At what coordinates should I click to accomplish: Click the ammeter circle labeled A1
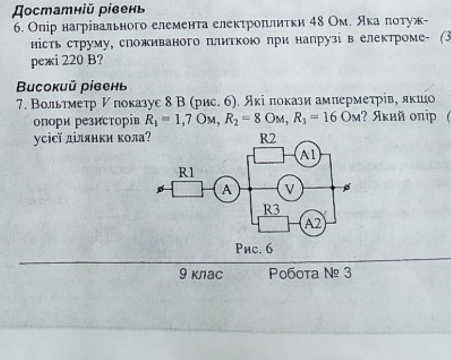pyautogui.click(x=308, y=155)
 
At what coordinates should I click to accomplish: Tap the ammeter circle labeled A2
pyautogui.click(x=313, y=223)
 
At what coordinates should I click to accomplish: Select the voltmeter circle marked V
pyautogui.click(x=289, y=190)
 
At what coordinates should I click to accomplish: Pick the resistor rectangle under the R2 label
pyautogui.click(x=269, y=156)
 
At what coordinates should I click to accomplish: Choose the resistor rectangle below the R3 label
pyautogui.click(x=274, y=223)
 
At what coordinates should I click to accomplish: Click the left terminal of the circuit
pyautogui.click(x=161, y=190)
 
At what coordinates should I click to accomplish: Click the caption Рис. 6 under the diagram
pyautogui.click(x=254, y=248)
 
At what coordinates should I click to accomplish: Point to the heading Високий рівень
pyautogui.click(x=71, y=86)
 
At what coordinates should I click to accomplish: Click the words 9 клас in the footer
pyautogui.click(x=200, y=274)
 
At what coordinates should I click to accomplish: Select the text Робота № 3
pyautogui.click(x=309, y=274)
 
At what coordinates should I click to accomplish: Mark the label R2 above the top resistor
pyautogui.click(x=268, y=140)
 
